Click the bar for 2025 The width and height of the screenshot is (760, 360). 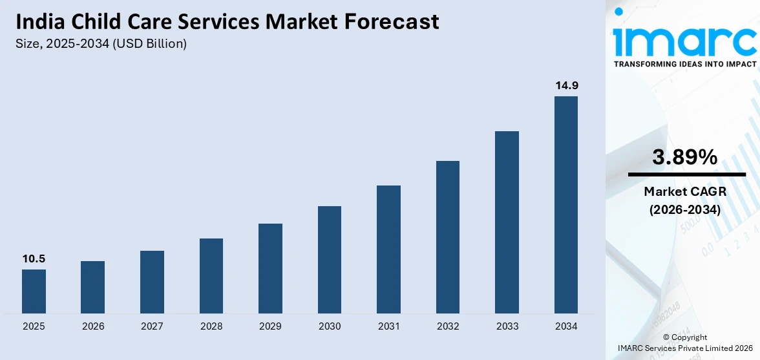click(x=34, y=291)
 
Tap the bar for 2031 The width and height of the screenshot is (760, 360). click(x=388, y=249)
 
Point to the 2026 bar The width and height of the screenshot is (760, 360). click(x=92, y=288)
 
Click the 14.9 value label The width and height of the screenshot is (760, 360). click(x=566, y=85)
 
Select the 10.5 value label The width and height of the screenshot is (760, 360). click(x=34, y=259)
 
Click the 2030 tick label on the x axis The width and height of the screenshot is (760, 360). click(x=330, y=326)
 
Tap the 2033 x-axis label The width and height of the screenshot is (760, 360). click(x=507, y=326)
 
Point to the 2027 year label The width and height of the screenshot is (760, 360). click(x=152, y=326)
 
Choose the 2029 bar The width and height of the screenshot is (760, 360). click(x=270, y=269)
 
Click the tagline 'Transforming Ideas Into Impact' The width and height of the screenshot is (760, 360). click(x=684, y=65)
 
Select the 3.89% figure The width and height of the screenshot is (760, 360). click(x=684, y=157)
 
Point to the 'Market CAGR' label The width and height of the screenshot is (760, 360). click(x=684, y=191)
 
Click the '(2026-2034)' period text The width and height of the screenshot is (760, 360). click(x=684, y=210)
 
